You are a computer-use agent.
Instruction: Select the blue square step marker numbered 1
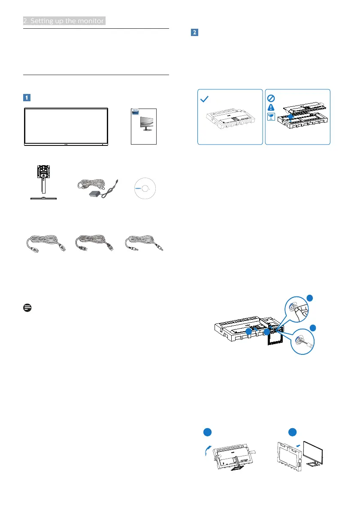(27, 97)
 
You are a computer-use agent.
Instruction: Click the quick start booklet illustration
(144, 126)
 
